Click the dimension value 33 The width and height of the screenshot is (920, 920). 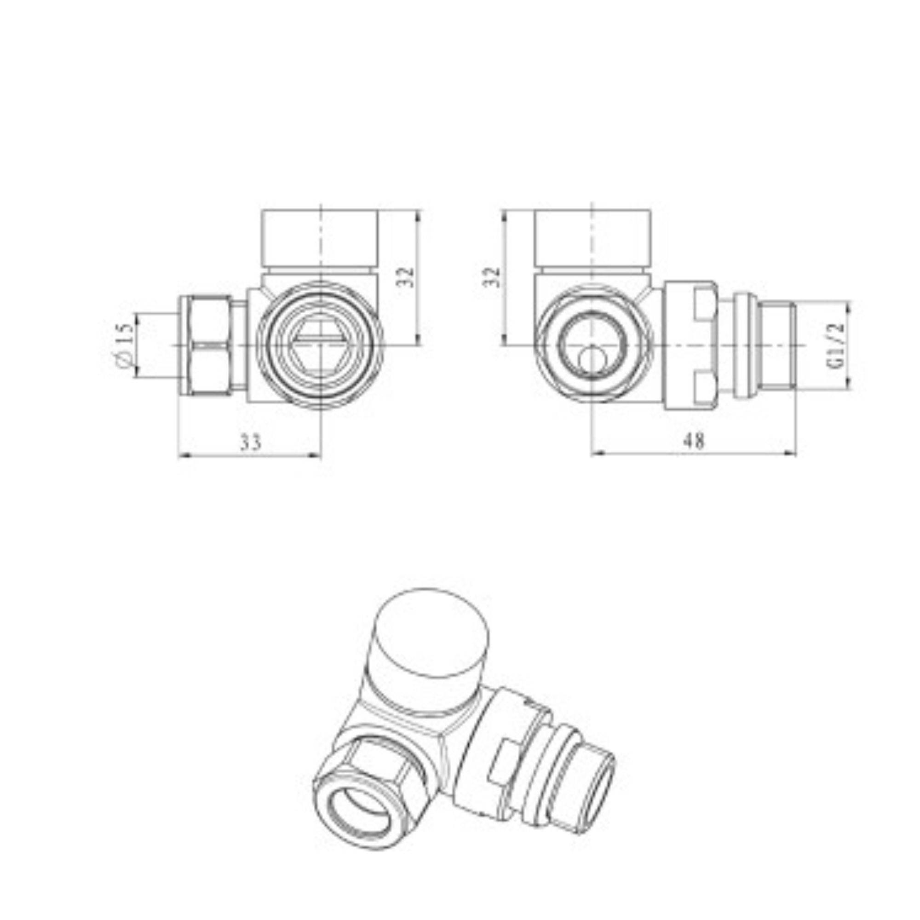pyautogui.click(x=251, y=443)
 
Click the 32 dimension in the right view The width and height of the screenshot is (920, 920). pyautogui.click(x=492, y=276)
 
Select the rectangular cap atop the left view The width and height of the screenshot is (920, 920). pyautogui.click(x=321, y=238)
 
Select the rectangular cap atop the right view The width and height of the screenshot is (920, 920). pyautogui.click(x=592, y=238)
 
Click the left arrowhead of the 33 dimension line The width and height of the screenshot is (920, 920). pyautogui.click(x=182, y=455)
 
